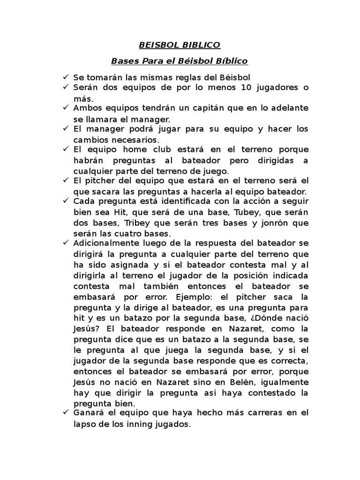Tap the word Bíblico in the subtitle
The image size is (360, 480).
click(231, 61)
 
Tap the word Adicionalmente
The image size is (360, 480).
click(106, 243)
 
